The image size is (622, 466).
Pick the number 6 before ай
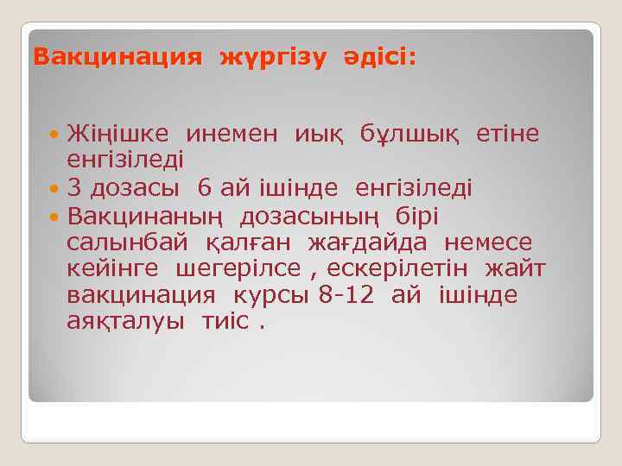(203, 188)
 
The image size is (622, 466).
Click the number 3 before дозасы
(74, 188)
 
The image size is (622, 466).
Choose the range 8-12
(346, 295)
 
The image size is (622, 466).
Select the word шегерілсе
(228, 269)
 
